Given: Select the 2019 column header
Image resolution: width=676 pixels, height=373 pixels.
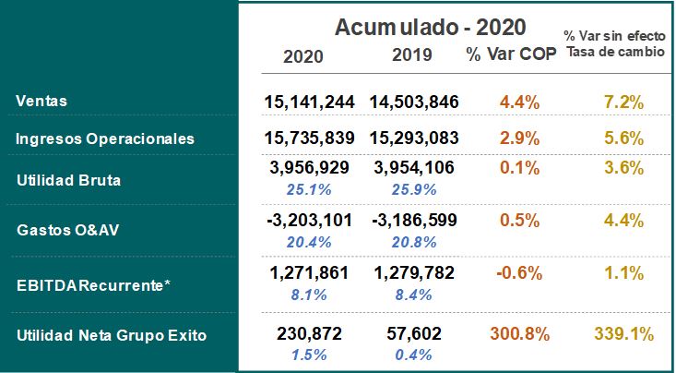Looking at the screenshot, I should (413, 55).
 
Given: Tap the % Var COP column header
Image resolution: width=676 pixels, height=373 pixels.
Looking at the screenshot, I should (511, 54).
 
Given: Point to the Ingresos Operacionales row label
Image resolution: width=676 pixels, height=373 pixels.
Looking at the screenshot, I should (105, 138).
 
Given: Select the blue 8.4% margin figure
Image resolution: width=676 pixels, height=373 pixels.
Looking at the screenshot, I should (413, 294).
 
